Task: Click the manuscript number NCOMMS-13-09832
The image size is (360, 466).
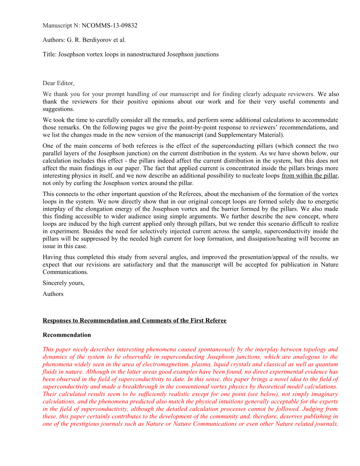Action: point(109,25)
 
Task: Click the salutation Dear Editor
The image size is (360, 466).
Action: point(59,83)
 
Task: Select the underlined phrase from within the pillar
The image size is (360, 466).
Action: point(310,176)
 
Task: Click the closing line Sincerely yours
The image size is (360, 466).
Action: point(64,283)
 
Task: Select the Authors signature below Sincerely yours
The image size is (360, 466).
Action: point(53,294)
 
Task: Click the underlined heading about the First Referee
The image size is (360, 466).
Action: point(134,321)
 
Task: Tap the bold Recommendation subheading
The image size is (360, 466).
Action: point(67,335)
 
